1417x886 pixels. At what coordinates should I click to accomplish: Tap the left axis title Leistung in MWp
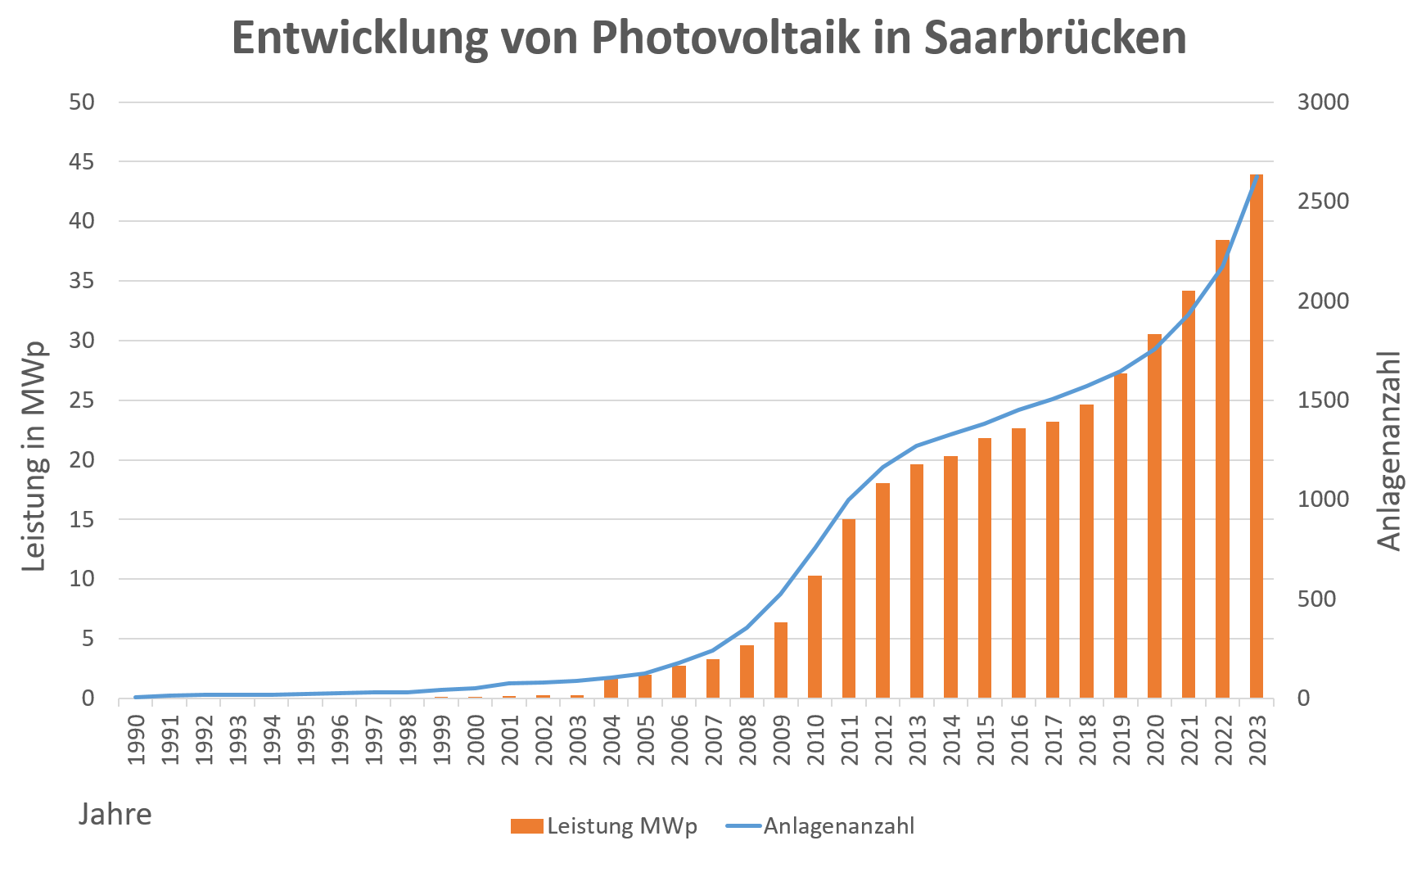(x=34, y=457)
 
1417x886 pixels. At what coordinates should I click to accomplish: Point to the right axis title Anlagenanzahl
(x=1389, y=450)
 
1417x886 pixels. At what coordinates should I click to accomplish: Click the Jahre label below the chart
(x=115, y=814)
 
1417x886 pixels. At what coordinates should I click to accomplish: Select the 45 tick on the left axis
(x=82, y=162)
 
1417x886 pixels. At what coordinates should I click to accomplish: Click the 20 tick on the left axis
(x=82, y=460)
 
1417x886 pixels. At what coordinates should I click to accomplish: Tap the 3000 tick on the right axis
(x=1323, y=102)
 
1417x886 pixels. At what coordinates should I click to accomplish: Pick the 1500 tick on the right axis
(x=1323, y=400)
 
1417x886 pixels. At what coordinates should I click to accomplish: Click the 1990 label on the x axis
(x=137, y=740)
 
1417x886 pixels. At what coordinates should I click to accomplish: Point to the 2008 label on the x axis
(x=747, y=740)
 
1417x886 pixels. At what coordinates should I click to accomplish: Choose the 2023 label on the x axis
(x=1257, y=740)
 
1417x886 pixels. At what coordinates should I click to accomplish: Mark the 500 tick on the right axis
(x=1316, y=599)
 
